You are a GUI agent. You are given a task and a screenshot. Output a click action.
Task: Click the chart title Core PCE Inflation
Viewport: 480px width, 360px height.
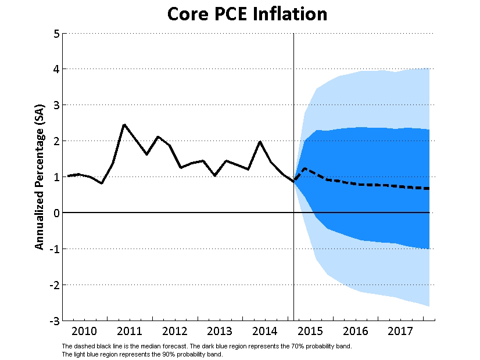point(247,14)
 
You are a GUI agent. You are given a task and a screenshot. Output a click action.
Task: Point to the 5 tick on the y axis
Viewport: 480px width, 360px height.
point(56,34)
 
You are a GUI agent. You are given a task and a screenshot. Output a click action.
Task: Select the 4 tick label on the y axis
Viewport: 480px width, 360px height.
point(56,69)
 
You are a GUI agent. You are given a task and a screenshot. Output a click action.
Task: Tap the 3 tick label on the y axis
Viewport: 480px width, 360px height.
point(56,105)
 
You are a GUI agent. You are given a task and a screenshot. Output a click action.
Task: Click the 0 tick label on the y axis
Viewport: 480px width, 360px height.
point(56,213)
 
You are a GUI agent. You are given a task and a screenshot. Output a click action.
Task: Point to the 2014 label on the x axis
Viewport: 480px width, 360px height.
point(265,332)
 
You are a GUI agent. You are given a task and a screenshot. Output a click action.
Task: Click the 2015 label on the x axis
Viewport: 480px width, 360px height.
point(310,332)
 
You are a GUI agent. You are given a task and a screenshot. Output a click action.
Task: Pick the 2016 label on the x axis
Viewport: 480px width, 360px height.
point(356,332)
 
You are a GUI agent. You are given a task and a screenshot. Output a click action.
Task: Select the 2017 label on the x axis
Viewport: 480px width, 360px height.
point(400,332)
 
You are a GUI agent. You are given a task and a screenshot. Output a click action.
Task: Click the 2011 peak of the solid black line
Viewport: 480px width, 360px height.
point(124,124)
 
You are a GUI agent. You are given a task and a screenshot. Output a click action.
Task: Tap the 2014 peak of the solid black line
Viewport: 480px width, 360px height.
point(260,141)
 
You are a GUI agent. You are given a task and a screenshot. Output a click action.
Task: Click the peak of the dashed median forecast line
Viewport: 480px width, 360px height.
point(305,168)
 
